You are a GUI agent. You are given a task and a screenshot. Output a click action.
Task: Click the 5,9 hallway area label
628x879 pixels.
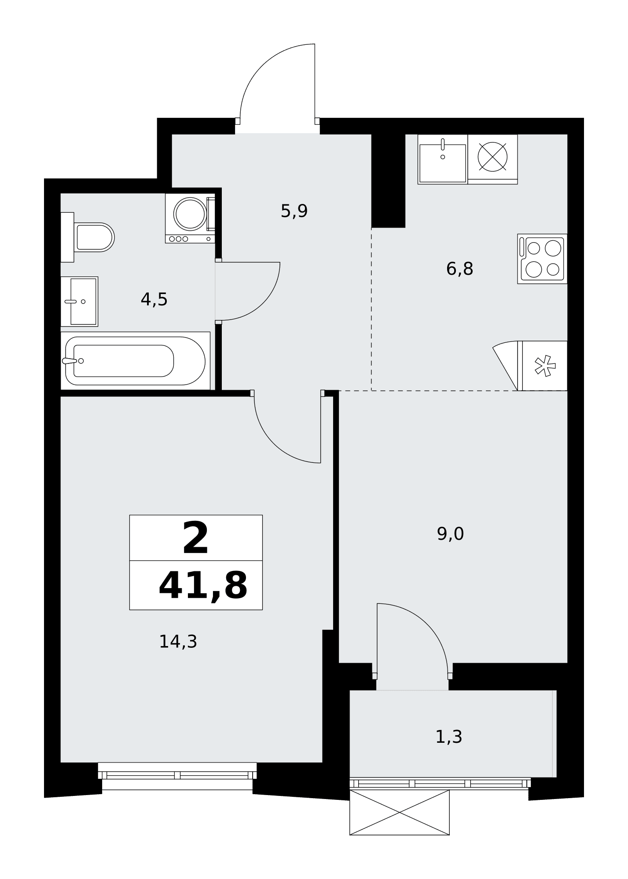[294, 211]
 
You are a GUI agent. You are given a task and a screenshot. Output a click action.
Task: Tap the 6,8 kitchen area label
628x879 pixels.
[459, 269]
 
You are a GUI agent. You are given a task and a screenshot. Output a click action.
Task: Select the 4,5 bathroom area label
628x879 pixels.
[154, 300]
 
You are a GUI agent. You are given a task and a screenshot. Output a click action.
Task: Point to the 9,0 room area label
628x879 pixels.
[450, 534]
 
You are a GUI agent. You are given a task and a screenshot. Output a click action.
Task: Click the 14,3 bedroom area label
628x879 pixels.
[178, 642]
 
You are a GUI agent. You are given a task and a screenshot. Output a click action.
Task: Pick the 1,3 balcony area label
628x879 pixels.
[448, 737]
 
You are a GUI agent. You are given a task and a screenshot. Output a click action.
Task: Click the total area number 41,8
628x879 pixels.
[203, 586]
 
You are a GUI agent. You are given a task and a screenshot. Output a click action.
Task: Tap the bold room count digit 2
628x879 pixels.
[195, 538]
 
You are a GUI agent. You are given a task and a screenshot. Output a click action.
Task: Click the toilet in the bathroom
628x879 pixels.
[88, 237]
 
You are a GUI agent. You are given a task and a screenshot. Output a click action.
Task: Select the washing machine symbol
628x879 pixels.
[190, 218]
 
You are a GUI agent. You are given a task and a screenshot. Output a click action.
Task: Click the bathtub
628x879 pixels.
[135, 361]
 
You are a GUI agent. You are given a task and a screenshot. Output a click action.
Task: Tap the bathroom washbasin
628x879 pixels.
[79, 301]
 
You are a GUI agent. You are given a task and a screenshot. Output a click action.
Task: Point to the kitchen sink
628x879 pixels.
[443, 159]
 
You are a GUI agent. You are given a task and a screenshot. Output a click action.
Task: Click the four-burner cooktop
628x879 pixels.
[542, 259]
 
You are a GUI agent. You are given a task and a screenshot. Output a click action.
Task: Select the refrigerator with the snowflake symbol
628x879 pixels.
[542, 366]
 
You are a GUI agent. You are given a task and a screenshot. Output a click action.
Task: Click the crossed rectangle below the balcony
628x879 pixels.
[400, 812]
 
